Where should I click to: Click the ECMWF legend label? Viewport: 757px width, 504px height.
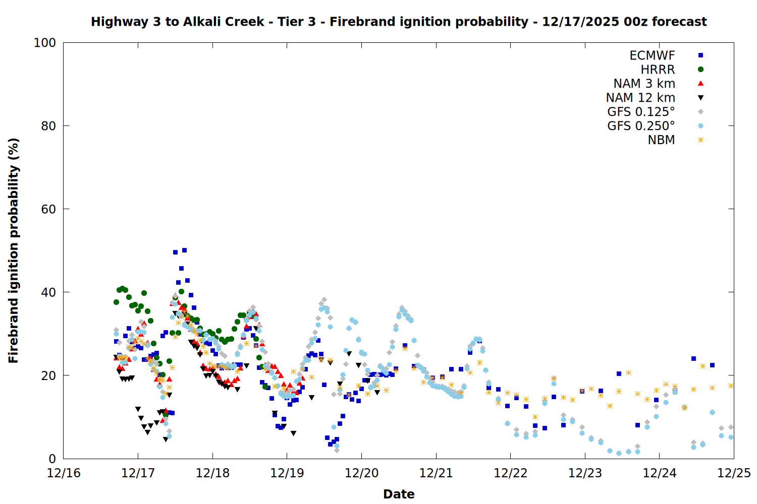coord(652,55)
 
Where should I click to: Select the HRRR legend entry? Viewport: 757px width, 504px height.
coord(658,70)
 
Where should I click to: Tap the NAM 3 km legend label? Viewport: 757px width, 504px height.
coord(644,84)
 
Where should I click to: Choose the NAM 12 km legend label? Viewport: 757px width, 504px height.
coord(640,98)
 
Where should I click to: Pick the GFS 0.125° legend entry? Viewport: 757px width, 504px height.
coord(641,112)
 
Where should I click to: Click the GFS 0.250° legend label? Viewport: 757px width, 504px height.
coord(641,126)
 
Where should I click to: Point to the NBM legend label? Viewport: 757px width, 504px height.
coord(661,140)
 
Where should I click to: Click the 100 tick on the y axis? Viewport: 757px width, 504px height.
coord(45,43)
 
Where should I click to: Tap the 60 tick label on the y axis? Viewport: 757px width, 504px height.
coord(48,209)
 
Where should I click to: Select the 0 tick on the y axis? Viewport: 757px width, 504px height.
coord(52,459)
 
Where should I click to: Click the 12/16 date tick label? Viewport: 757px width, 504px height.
coord(64,473)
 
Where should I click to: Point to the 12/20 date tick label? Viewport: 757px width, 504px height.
coord(361,473)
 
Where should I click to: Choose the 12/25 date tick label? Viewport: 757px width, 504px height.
coord(734,473)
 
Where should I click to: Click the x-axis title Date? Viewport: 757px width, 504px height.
coord(399,494)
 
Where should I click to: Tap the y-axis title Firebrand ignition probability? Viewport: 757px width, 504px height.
coord(14,250)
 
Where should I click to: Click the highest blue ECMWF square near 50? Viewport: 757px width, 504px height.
coord(185,250)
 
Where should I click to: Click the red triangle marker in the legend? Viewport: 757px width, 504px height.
coord(700,84)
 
